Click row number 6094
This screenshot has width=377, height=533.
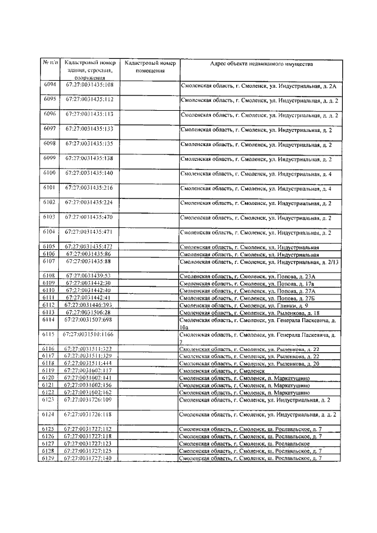pos(49,85)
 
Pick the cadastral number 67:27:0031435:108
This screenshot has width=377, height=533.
pos(89,85)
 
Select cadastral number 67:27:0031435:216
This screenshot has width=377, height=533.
pos(89,188)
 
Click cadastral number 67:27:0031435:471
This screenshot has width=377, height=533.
pos(89,232)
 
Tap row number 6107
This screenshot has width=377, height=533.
pos(49,261)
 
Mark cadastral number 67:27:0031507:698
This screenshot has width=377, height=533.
pos(89,320)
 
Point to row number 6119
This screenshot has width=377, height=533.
pos(49,370)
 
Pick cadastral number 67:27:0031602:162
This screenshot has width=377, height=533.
pos(89,392)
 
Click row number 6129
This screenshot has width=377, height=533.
pos(49,458)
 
